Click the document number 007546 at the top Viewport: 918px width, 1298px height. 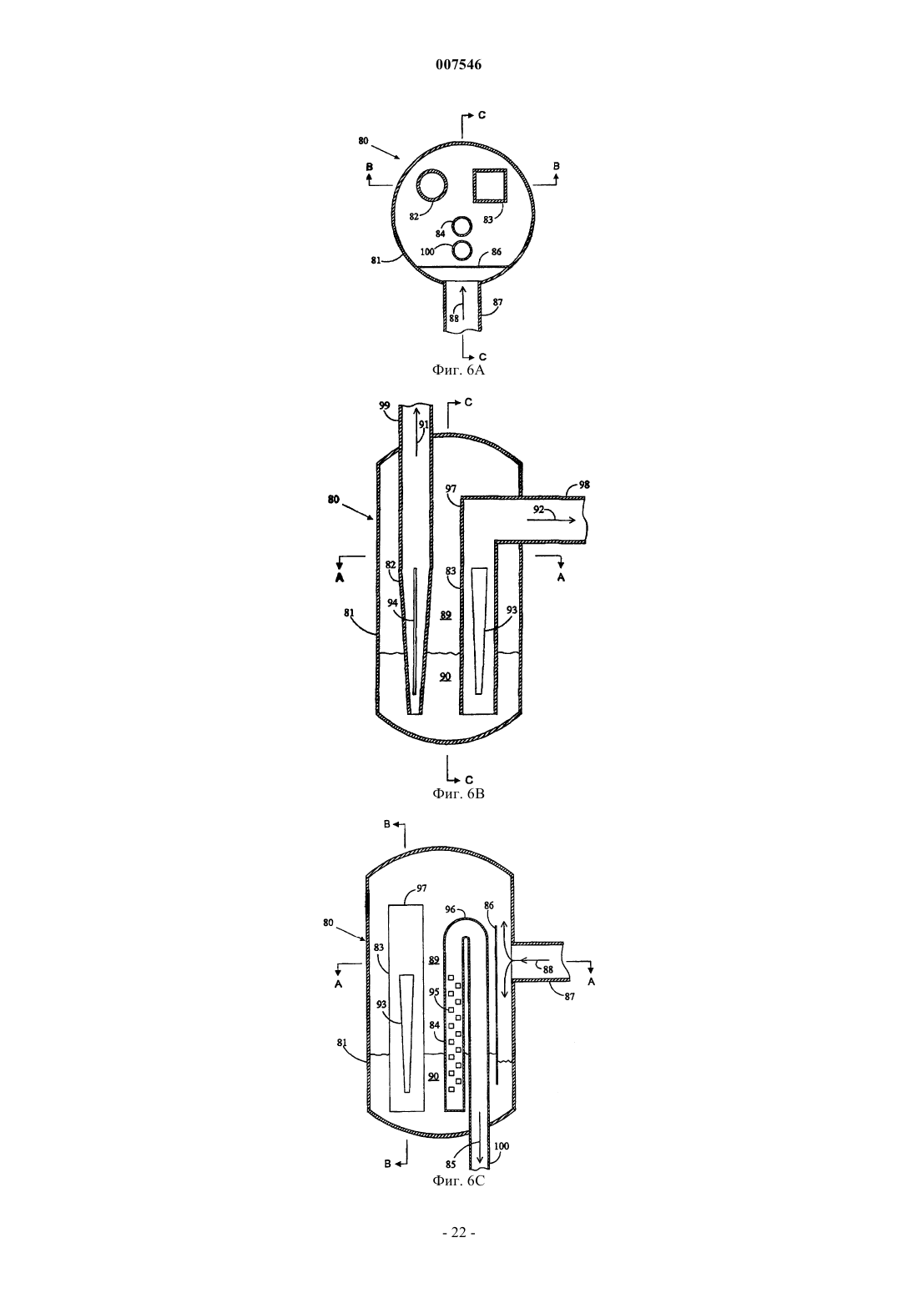coord(458,64)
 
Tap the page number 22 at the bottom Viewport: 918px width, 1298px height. coord(458,1233)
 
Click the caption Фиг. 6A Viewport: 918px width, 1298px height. coord(458,370)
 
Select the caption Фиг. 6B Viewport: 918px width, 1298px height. coord(458,793)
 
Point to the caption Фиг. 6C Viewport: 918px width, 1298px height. coord(458,1180)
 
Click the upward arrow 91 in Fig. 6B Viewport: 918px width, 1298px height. coord(415,432)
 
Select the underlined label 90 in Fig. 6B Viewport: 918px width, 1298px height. coord(445,676)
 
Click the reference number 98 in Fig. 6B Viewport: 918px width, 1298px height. coord(584,485)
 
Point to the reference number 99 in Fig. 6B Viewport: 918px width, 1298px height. coord(385,406)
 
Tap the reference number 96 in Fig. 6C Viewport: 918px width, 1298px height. coord(451,909)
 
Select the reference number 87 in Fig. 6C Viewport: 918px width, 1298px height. coord(570,997)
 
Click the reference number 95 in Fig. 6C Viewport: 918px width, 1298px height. coord(434,992)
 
